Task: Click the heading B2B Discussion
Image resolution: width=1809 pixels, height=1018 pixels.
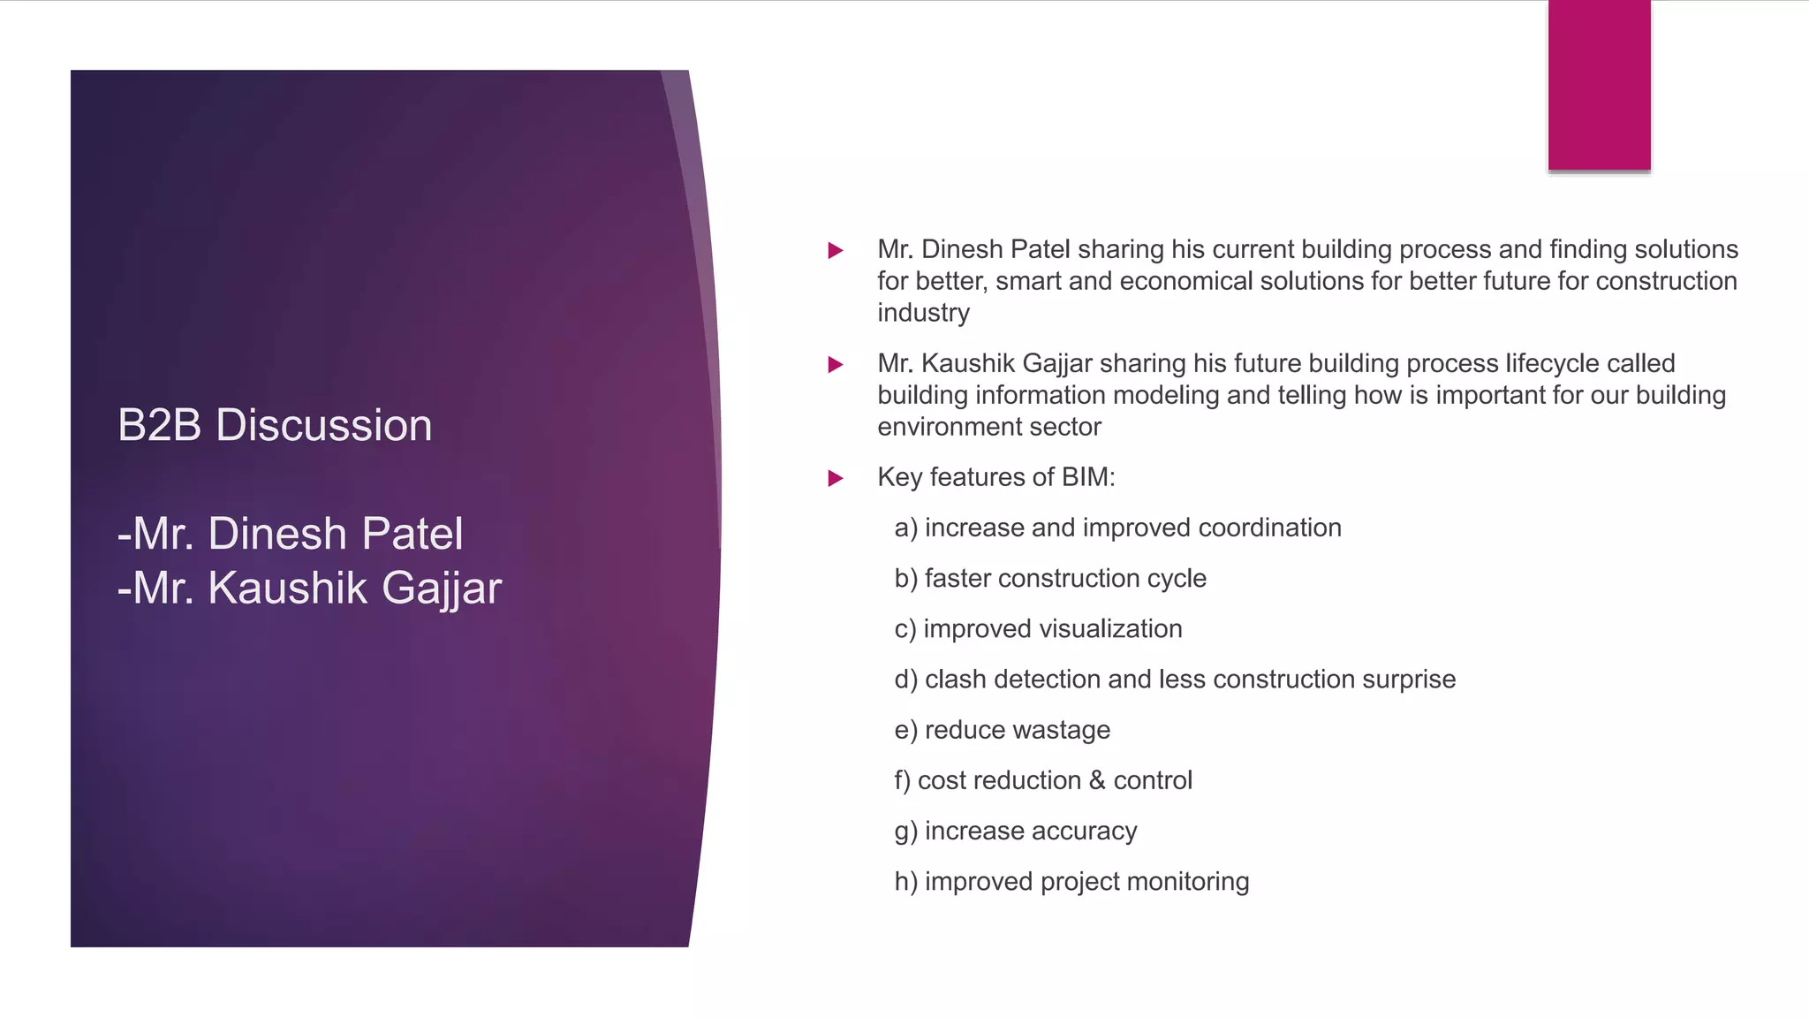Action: [x=275, y=425]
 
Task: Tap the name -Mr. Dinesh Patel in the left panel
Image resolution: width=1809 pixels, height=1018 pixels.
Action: [x=290, y=534]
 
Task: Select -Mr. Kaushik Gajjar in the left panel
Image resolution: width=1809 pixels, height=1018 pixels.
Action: [x=309, y=589]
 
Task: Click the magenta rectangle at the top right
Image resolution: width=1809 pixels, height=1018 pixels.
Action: [x=1599, y=85]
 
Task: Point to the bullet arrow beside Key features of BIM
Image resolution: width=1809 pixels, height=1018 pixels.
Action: [x=835, y=479]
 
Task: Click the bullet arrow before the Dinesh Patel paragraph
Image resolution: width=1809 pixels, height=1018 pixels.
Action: [x=835, y=251]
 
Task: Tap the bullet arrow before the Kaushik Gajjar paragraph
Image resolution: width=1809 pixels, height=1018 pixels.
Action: [x=835, y=365]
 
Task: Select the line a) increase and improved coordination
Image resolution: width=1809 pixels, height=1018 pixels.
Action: [x=1117, y=528]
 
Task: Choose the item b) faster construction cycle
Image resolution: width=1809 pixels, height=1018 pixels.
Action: [x=1050, y=578]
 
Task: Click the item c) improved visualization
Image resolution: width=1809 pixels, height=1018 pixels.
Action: [x=1038, y=628]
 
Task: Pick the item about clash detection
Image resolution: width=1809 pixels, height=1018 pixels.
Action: [x=1175, y=679]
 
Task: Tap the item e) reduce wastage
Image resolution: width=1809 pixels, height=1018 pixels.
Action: [x=1002, y=730]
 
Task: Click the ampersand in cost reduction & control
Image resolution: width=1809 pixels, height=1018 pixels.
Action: [x=1097, y=780]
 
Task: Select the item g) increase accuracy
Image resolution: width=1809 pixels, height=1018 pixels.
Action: [x=1016, y=831]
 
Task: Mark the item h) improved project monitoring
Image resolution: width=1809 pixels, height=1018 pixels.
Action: [x=1071, y=881]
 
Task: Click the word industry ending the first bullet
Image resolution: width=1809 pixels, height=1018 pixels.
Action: [x=923, y=313]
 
